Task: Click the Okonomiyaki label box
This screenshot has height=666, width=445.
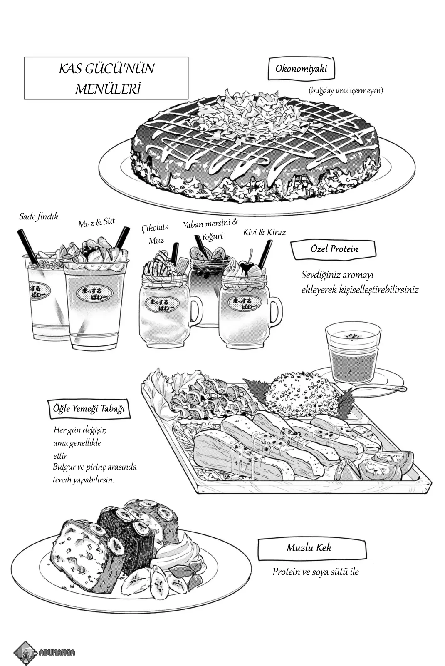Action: click(x=301, y=69)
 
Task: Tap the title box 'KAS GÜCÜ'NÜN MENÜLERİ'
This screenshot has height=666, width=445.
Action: click(x=106, y=78)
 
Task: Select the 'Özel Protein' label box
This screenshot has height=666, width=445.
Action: click(x=334, y=249)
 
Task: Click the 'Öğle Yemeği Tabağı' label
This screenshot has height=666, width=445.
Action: click(x=89, y=409)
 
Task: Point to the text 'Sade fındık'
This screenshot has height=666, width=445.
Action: click(x=39, y=216)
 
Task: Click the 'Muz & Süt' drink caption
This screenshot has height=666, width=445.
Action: click(x=96, y=223)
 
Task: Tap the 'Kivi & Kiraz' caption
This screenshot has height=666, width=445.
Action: click(x=265, y=232)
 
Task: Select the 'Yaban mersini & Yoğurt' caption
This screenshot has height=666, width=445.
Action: click(x=211, y=230)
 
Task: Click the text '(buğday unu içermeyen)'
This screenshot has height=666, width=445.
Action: click(x=346, y=90)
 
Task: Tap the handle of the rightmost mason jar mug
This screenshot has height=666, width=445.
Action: click(x=276, y=312)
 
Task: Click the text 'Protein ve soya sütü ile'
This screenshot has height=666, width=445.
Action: click(x=316, y=572)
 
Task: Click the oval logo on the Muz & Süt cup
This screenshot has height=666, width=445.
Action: click(x=95, y=293)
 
